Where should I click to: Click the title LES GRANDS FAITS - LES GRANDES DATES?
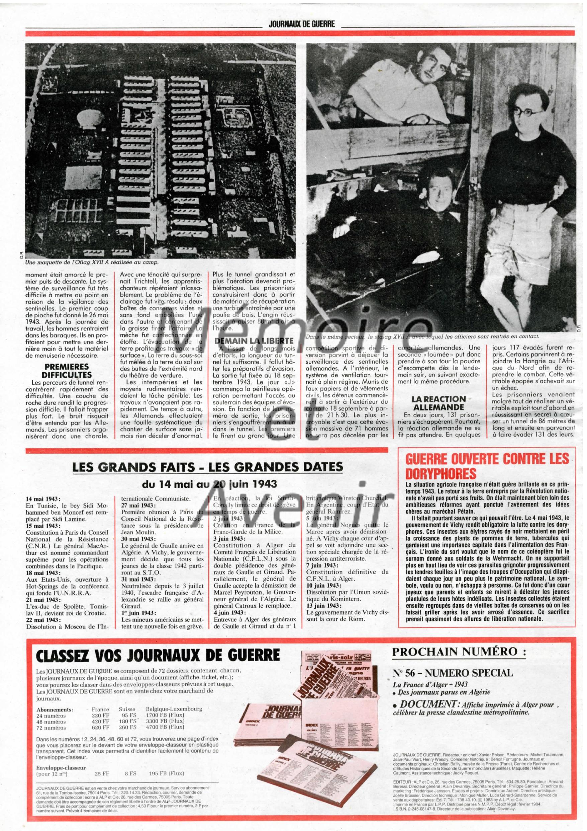tap(208, 466)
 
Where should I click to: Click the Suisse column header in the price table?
tap(127, 709)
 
